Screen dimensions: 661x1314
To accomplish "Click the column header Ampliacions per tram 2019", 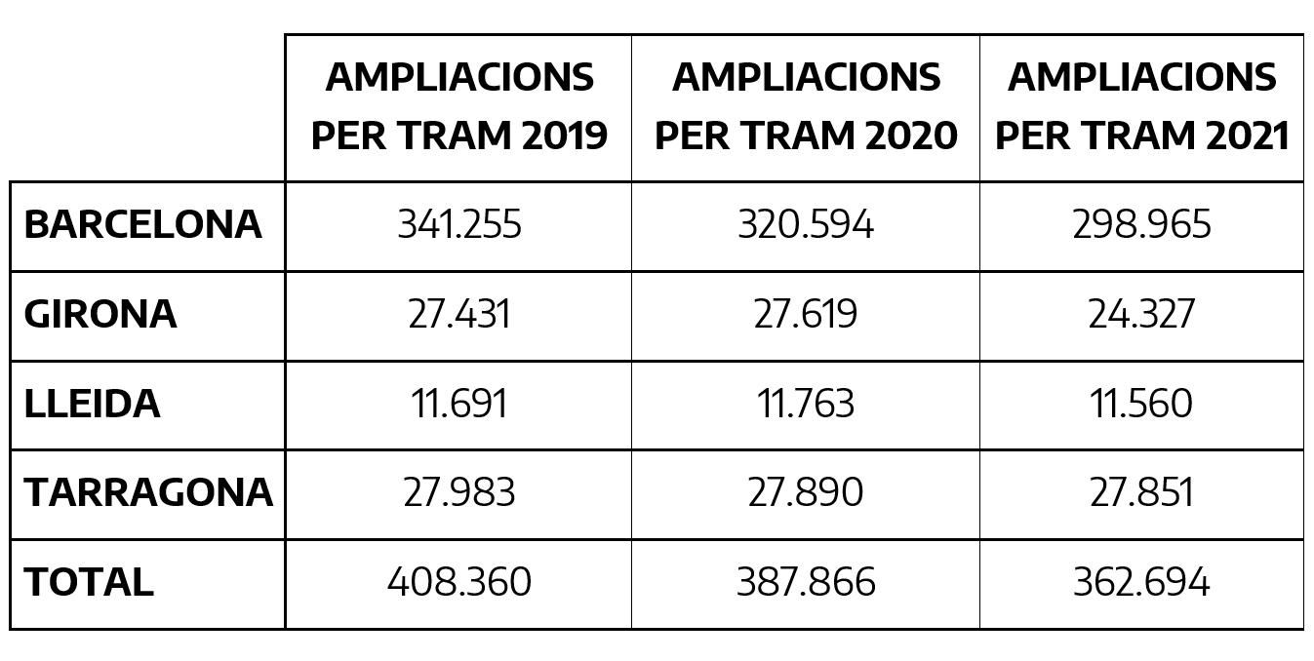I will pos(458,106).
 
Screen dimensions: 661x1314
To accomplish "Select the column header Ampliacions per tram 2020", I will pos(806,106).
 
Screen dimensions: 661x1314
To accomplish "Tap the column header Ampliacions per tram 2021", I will pos(1141,106).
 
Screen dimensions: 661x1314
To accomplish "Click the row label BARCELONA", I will pos(142,225).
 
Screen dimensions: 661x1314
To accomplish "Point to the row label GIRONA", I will pos(100,315).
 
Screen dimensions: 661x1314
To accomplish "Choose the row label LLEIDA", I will pos(92,404).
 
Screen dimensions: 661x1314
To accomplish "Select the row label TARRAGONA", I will pos(147,493).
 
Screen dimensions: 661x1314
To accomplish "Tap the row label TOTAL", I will pos(89,583).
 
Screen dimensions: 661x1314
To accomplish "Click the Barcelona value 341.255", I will pos(459,225).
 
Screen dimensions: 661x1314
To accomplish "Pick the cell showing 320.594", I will pos(806,225).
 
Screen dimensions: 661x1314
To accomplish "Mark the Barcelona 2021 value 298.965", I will pos(1141,225).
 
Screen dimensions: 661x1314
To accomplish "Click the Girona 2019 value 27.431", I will pos(459,315).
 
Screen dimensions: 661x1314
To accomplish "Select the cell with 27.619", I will pos(806,315).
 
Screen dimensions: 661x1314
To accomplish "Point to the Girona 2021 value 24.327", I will pos(1141,315).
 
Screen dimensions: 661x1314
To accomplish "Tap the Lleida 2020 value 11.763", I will pos(806,404).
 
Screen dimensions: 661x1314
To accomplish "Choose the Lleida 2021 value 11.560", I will pos(1141,404).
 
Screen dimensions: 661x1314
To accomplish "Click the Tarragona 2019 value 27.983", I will pos(459,493).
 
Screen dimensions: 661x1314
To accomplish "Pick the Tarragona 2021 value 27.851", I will pos(1141,493).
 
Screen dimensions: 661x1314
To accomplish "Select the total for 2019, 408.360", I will pos(459,583).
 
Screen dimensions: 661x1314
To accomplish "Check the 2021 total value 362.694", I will pos(1141,583).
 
